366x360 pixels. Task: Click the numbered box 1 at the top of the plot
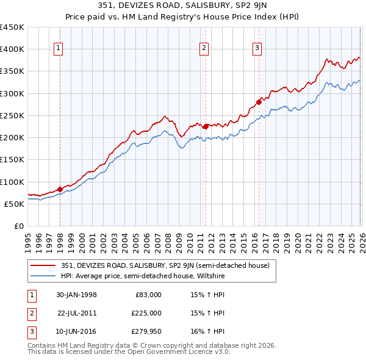tap(59, 49)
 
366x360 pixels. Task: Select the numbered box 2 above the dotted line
tap(204, 49)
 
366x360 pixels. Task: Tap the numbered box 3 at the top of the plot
tap(257, 49)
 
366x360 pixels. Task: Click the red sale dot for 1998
tap(60, 189)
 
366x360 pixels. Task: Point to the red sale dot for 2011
tap(206, 126)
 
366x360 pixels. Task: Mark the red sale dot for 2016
tap(259, 102)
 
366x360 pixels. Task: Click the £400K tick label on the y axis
tap(12, 49)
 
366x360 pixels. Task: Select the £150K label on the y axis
tap(12, 160)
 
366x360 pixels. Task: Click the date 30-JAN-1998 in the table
tap(76, 295)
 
